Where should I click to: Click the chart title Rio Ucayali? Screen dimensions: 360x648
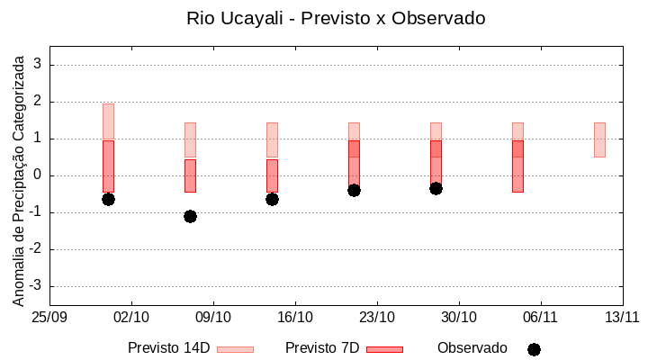[x=323, y=18]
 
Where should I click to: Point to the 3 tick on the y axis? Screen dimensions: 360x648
[x=38, y=65]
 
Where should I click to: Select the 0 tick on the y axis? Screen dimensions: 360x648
[x=38, y=175]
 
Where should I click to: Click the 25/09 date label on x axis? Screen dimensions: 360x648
[x=49, y=317]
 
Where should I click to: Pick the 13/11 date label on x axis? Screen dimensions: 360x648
[x=622, y=317]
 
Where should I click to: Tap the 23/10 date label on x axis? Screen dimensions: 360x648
[x=376, y=317]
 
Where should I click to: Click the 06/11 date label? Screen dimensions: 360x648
[x=540, y=317]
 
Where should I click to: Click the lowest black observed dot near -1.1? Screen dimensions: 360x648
[x=190, y=216]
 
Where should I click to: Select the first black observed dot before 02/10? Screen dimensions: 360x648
[x=108, y=199]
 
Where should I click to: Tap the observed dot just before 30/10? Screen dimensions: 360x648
[x=436, y=188]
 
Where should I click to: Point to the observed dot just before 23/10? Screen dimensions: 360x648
[x=354, y=190]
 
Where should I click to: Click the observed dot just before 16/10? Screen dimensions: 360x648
[x=272, y=199]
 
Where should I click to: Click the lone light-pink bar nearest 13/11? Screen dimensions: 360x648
[x=599, y=139]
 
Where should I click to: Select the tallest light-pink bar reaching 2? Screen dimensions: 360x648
[x=108, y=121]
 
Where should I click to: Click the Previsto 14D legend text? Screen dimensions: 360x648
[x=169, y=348]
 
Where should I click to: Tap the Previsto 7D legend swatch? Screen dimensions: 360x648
[x=384, y=349]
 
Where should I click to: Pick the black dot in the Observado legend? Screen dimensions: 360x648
[x=534, y=349]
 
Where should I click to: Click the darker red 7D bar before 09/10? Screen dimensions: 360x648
[x=190, y=175]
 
